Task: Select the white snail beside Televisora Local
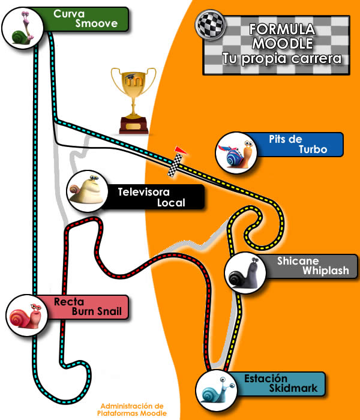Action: point(86,190)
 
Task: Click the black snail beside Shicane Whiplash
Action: point(245,274)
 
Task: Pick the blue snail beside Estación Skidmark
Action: point(217,391)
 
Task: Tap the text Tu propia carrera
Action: point(282,59)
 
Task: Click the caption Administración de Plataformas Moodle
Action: point(132,409)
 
